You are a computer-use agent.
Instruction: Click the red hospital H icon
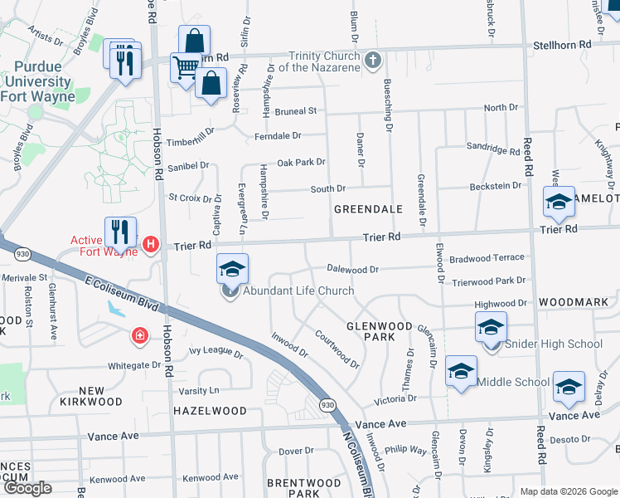pyautogui.click(x=151, y=244)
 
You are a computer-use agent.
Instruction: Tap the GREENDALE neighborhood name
pyautogui.click(x=368, y=210)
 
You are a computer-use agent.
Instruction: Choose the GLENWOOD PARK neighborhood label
pyautogui.click(x=370, y=331)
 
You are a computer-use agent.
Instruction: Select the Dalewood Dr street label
pyautogui.click(x=352, y=269)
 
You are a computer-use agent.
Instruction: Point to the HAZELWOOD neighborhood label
pyautogui.click(x=210, y=411)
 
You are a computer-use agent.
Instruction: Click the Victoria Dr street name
pyautogui.click(x=395, y=400)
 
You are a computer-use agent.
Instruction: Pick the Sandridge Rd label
pyautogui.click(x=492, y=149)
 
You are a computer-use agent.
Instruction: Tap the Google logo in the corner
pyautogui.click(x=28, y=488)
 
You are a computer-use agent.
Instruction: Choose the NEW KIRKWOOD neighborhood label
pyautogui.click(x=92, y=396)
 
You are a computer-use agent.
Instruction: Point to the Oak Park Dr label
pyautogui.click(x=300, y=162)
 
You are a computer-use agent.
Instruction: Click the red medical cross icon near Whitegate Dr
pyautogui.click(x=140, y=336)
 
